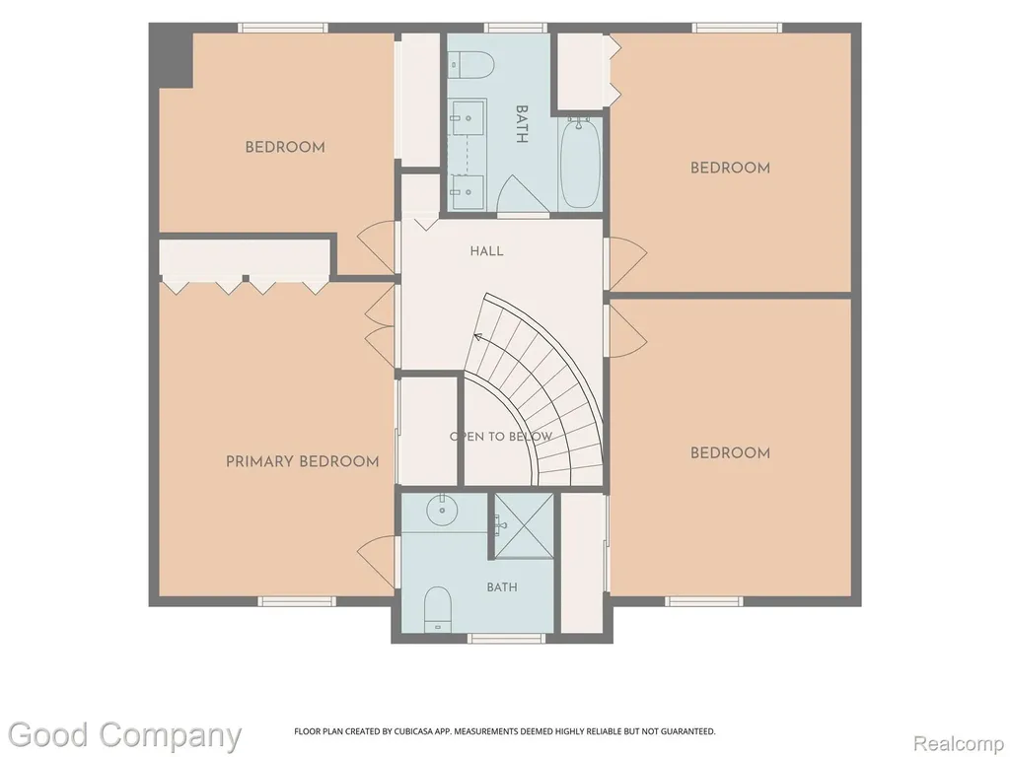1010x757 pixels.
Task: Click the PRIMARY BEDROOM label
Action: [x=302, y=461]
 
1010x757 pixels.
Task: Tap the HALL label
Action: [x=486, y=251]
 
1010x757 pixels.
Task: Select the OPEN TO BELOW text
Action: [x=501, y=437]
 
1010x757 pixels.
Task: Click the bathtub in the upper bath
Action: [x=580, y=162]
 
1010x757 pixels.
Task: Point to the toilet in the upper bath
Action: [x=472, y=65]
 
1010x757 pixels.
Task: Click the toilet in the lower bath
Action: [x=438, y=609]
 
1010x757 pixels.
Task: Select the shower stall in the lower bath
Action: [x=524, y=526]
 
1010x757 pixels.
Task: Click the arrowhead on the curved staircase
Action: [x=478, y=336]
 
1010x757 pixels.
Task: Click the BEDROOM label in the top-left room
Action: [x=285, y=147]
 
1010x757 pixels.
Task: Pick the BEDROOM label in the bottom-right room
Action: [x=730, y=453]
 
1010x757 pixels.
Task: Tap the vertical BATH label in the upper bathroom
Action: [x=522, y=124]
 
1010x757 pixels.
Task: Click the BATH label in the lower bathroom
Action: [x=502, y=587]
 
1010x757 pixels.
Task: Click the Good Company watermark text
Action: [x=124, y=735]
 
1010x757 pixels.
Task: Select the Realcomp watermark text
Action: [x=958, y=743]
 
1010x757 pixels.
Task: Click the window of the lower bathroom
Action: [x=506, y=638]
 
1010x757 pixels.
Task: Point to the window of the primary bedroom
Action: [x=297, y=601]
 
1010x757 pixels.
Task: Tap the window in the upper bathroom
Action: [x=515, y=28]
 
